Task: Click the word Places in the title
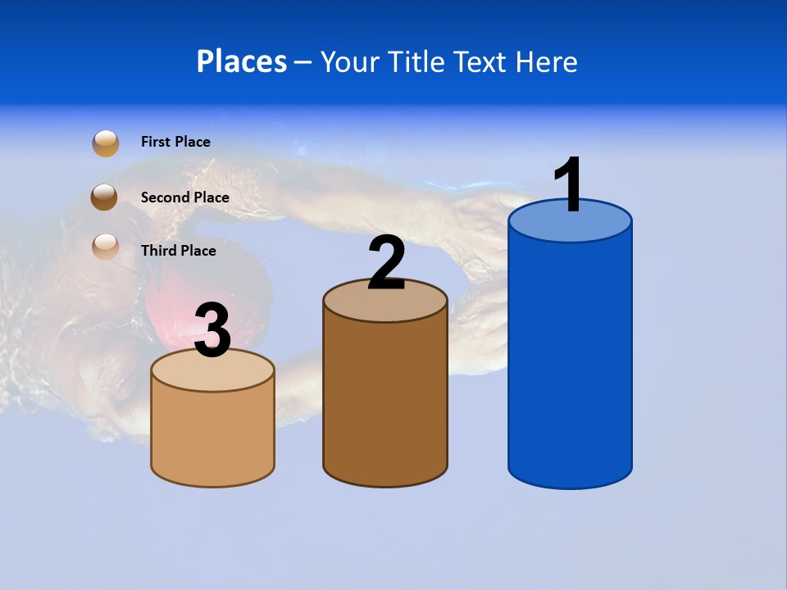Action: click(x=242, y=61)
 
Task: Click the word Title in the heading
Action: click(x=416, y=61)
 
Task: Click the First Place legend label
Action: click(x=175, y=142)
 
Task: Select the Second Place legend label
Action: click(x=184, y=197)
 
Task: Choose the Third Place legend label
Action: click(x=178, y=251)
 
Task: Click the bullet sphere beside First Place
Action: click(x=106, y=143)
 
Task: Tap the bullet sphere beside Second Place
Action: click(x=104, y=197)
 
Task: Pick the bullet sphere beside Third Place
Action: click(x=106, y=247)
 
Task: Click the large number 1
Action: click(x=570, y=185)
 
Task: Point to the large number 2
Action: click(x=386, y=263)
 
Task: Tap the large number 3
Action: click(x=213, y=330)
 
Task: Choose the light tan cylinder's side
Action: click(x=213, y=434)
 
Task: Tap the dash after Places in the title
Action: click(x=303, y=63)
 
